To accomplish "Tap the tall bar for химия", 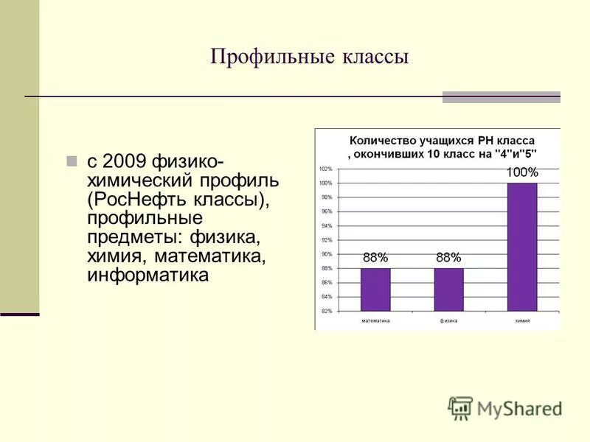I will tap(522, 247).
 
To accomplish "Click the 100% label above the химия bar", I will tap(522, 172).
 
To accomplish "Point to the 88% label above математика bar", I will tap(375, 258).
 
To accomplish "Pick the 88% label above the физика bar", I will tap(448, 258).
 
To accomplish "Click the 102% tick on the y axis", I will tap(325, 169).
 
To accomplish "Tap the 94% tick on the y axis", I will tap(326, 225).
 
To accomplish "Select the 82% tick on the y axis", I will tap(326, 311).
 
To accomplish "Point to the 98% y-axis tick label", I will tap(326, 197).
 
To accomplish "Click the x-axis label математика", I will tap(375, 321).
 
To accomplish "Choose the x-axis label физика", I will tap(448, 321).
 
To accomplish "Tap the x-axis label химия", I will tap(522, 321).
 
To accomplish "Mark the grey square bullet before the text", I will tap(72, 161).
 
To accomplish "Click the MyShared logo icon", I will tap(460, 408).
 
